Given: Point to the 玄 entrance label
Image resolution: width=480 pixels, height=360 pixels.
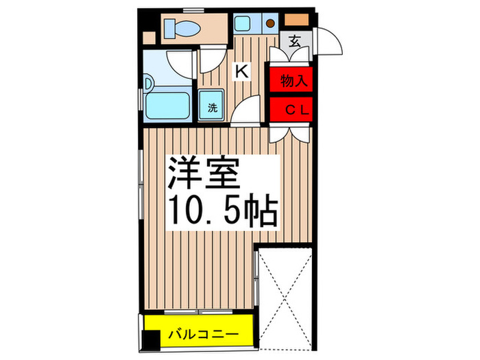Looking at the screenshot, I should tap(293, 40).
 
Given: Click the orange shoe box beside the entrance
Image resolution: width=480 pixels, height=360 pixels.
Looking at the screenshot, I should tap(297, 19).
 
